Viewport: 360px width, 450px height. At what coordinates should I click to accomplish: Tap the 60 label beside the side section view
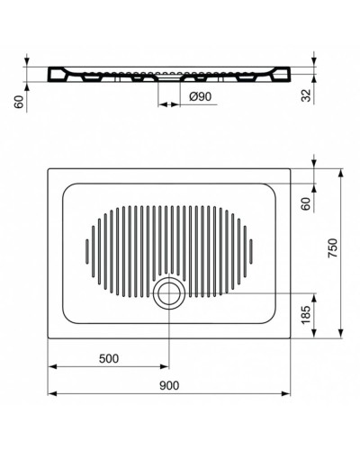coord(17,103)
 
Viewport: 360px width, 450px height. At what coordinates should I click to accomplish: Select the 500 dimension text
coord(108,358)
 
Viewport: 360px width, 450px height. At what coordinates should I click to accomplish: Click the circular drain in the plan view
coord(166,293)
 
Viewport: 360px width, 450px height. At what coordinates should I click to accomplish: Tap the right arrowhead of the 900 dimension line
coord(287,394)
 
